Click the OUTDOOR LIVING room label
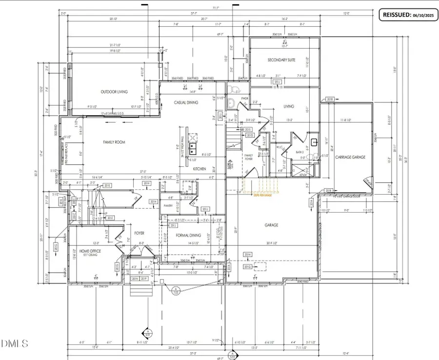pyautogui.click(x=114, y=92)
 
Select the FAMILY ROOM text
pyautogui.click(x=114, y=142)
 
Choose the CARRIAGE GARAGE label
pyautogui.click(x=350, y=157)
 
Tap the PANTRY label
pyautogui.click(x=169, y=206)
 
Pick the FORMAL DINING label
pyautogui.click(x=189, y=235)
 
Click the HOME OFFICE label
pyautogui.click(x=90, y=251)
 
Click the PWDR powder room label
pyautogui.click(x=245, y=99)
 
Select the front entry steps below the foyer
pyautogui.click(x=141, y=290)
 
